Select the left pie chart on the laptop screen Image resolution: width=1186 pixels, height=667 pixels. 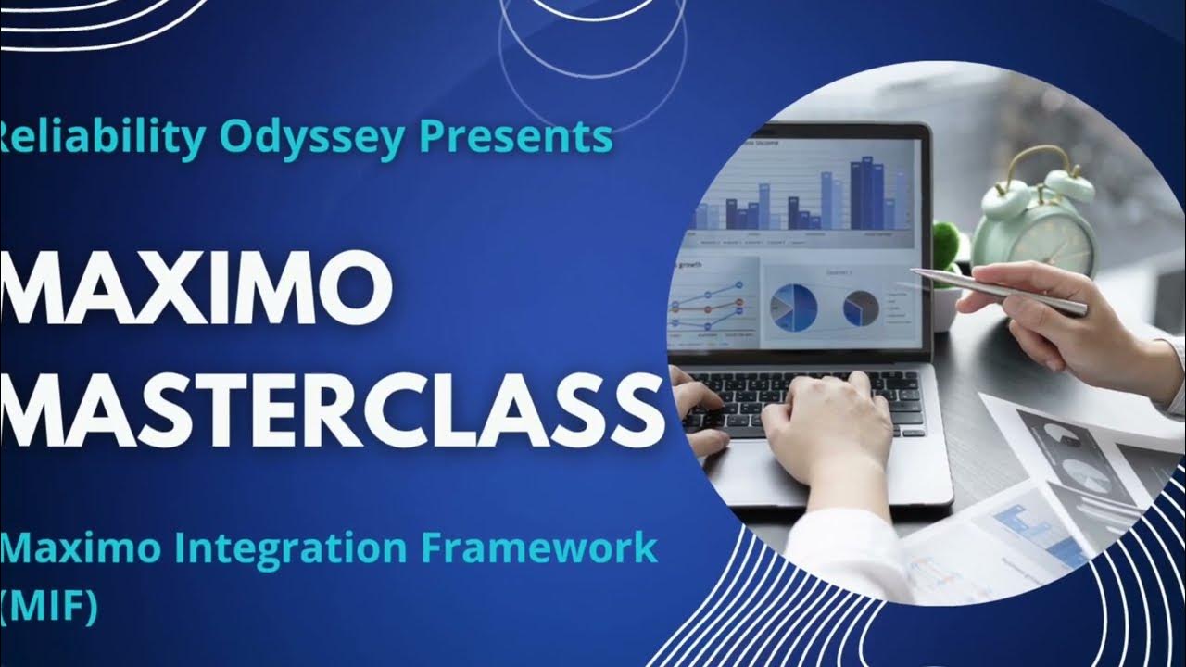793,306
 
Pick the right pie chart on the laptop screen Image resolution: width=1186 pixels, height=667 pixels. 862,307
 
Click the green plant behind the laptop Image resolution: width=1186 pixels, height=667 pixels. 950,245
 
